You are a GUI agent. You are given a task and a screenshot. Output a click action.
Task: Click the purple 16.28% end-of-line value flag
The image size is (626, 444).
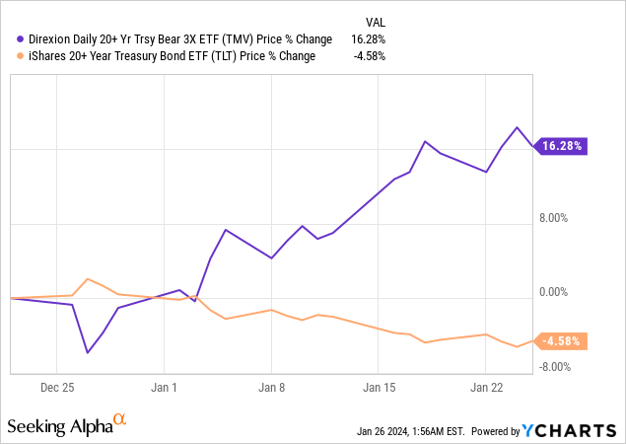pos(562,146)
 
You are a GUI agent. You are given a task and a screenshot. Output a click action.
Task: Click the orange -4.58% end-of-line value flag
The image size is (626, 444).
pos(563,341)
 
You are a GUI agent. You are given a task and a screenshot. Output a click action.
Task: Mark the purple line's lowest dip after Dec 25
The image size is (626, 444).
pos(88,352)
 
